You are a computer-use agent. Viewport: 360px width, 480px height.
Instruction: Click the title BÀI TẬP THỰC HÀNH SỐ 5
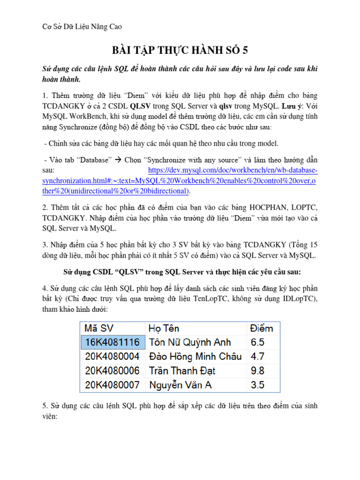(180, 50)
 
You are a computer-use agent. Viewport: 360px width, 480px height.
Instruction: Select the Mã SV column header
(99, 329)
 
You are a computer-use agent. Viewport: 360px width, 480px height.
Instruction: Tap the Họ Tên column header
(164, 329)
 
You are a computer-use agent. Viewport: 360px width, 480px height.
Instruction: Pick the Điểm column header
(262, 329)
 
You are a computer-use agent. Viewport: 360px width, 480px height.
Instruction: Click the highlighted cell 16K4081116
(112, 342)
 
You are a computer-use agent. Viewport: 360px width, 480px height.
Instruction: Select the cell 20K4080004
(112, 356)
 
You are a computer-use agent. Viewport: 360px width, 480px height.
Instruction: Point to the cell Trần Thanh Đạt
(182, 370)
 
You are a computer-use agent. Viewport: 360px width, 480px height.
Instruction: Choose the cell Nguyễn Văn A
(180, 385)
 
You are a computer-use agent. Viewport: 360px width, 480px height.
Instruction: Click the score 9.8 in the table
(258, 370)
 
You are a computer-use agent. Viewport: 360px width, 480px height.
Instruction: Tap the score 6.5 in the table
(258, 342)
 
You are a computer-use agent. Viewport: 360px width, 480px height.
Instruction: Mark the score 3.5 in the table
(258, 385)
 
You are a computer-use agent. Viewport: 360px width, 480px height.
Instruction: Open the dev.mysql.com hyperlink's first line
(232, 170)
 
